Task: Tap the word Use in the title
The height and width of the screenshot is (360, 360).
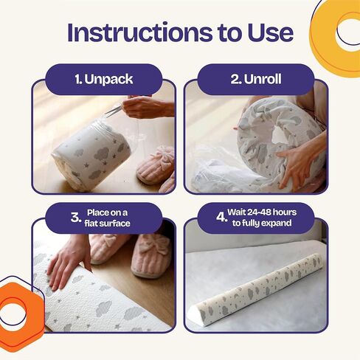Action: click(x=271, y=32)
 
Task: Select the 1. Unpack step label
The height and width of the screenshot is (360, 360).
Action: click(x=104, y=79)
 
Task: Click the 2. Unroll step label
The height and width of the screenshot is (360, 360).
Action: click(x=256, y=79)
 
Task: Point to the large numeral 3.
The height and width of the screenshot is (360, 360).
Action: click(x=76, y=218)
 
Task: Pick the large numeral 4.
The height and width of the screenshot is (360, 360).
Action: click(x=221, y=218)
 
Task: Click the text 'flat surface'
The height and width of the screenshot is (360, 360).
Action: click(x=107, y=224)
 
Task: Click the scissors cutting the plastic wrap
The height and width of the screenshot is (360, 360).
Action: click(x=114, y=111)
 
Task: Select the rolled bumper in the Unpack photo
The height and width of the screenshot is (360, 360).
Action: click(x=91, y=155)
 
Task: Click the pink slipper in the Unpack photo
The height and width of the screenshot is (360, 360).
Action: click(x=156, y=165)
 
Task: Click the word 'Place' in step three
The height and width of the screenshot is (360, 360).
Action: click(x=97, y=212)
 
